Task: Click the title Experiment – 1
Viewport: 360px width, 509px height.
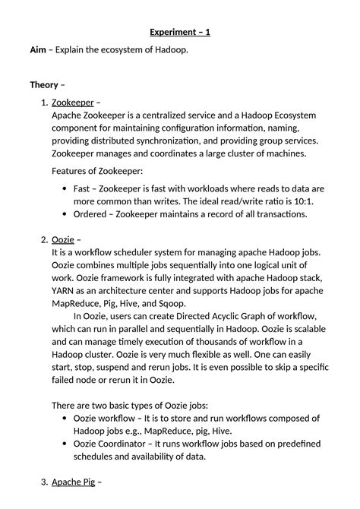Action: [x=179, y=32]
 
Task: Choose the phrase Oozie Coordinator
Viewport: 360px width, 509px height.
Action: [x=115, y=444]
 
